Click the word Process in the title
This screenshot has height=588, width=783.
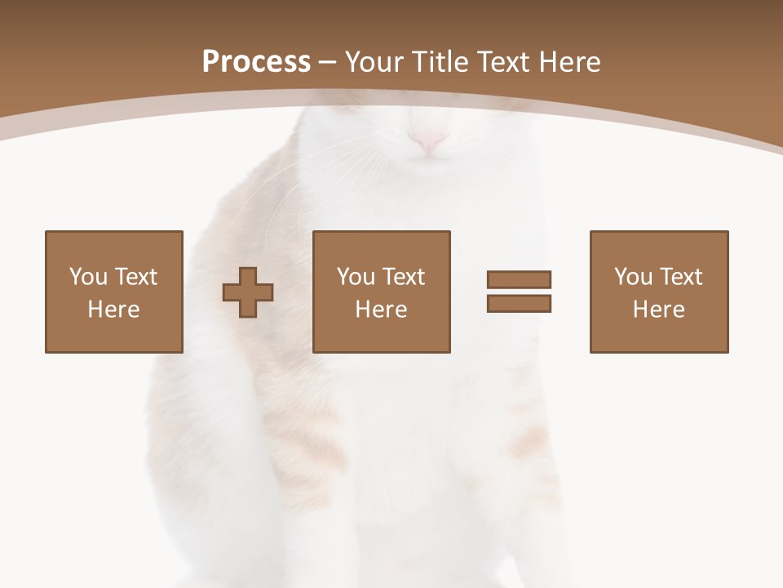coord(256,62)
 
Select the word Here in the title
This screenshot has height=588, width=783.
coord(569,62)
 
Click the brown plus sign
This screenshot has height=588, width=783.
coord(248,292)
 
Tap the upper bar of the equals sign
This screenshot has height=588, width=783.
coord(519,279)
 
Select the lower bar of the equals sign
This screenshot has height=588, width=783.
coord(519,303)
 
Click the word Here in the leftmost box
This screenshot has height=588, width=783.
coord(113,310)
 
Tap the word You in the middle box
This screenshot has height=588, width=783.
coord(356,277)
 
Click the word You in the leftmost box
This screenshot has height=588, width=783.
coord(88,277)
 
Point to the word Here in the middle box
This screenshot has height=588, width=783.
coord(381,310)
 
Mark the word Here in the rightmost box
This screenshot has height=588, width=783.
coord(658,310)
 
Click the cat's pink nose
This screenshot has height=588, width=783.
coord(427,141)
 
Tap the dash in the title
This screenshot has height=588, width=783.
coord(328,63)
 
